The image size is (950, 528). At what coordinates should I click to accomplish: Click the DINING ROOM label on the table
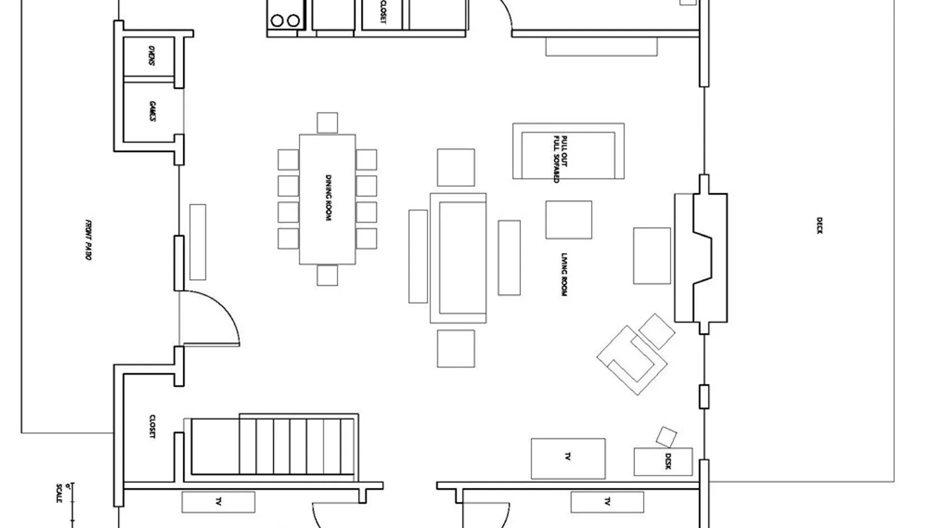328,198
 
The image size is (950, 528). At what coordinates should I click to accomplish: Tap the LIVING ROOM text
564,274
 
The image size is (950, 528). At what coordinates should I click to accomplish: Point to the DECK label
819,225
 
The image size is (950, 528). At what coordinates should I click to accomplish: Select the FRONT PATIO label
88,240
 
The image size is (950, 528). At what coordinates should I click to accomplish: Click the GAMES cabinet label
152,111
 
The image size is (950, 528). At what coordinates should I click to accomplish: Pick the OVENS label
151,55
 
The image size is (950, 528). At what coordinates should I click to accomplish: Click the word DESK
668,461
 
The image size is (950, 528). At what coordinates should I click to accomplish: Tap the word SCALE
59,493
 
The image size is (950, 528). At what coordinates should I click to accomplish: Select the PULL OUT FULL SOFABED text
560,159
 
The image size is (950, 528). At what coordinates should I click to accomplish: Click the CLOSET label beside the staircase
152,427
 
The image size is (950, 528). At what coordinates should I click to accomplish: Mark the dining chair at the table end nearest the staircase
327,275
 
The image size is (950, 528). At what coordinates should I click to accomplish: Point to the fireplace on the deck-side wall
701,258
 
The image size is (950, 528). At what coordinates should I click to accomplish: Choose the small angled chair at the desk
666,437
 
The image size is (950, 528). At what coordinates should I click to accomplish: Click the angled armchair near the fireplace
632,360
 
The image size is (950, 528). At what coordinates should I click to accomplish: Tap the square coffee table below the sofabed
568,220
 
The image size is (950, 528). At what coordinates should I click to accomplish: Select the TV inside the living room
568,458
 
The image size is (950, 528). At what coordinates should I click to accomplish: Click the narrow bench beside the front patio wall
198,242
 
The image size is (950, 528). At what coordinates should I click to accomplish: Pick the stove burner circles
286,21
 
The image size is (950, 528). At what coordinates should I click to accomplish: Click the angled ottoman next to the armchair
657,332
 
